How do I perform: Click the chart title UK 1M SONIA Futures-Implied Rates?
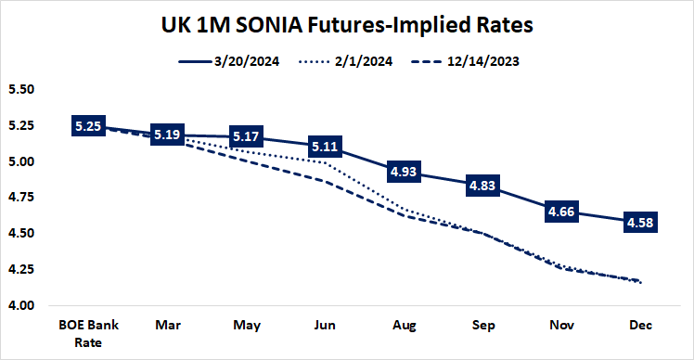point(347,25)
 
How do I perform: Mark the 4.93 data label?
point(404,172)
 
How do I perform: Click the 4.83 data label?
point(482,186)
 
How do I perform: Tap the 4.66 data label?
point(561,211)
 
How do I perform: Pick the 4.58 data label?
point(640,223)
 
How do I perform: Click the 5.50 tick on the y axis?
point(20,90)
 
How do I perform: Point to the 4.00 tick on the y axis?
point(20,305)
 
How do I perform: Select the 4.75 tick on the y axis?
point(20,198)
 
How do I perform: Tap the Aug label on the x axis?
point(404,328)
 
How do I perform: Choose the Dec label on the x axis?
point(640,328)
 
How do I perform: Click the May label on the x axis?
point(249,328)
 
